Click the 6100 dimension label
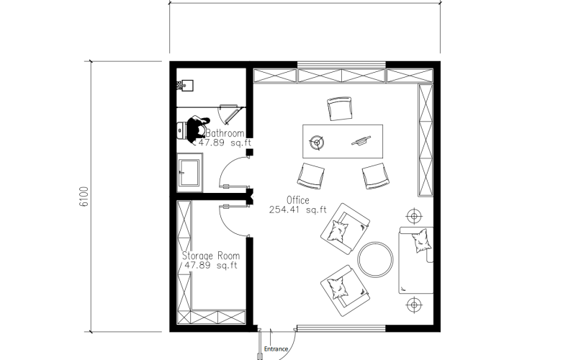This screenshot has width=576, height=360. point(84,197)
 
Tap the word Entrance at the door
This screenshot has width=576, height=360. point(276,349)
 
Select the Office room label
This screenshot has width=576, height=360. point(297,200)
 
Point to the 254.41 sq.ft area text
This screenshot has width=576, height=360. point(297,210)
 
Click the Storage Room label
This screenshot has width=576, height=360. point(211,256)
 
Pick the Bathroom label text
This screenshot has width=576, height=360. point(225,133)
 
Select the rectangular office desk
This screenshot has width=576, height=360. point(343,141)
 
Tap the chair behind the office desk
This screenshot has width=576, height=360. point(340,109)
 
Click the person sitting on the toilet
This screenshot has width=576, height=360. point(197,129)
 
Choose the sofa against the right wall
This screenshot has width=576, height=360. point(416,260)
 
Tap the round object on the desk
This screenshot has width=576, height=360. point(317,143)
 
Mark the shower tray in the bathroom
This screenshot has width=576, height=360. point(189,173)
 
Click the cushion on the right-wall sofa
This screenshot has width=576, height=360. point(421,240)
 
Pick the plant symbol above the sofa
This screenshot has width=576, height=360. point(415,216)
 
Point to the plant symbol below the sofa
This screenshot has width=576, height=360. point(415,305)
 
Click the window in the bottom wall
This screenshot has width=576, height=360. point(341,328)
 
